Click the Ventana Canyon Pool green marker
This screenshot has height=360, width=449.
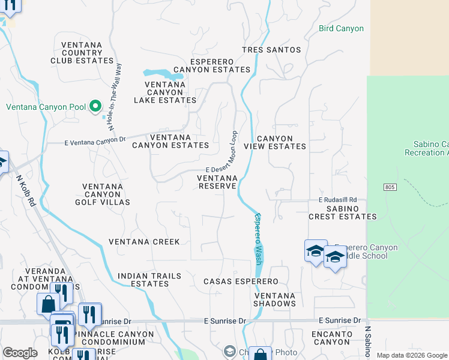tap(95, 107)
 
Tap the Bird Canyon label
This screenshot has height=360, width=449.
tap(341, 28)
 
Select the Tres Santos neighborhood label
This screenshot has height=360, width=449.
tap(271, 50)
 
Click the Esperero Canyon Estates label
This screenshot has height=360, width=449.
tap(211, 65)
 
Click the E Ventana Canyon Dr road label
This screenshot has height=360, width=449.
tap(95, 143)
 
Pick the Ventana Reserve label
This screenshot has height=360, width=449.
tap(217, 182)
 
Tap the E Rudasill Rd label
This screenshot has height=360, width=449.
tap(337, 200)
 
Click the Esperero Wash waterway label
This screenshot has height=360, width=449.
tap(259, 239)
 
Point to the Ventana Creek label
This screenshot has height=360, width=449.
tap(144, 242)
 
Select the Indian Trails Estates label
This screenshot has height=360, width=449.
tap(149, 280)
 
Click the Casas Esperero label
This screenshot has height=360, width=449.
tap(241, 281)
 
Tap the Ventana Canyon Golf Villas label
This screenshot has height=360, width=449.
tap(106, 194)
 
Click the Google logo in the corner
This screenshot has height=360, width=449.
tap(20, 353)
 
